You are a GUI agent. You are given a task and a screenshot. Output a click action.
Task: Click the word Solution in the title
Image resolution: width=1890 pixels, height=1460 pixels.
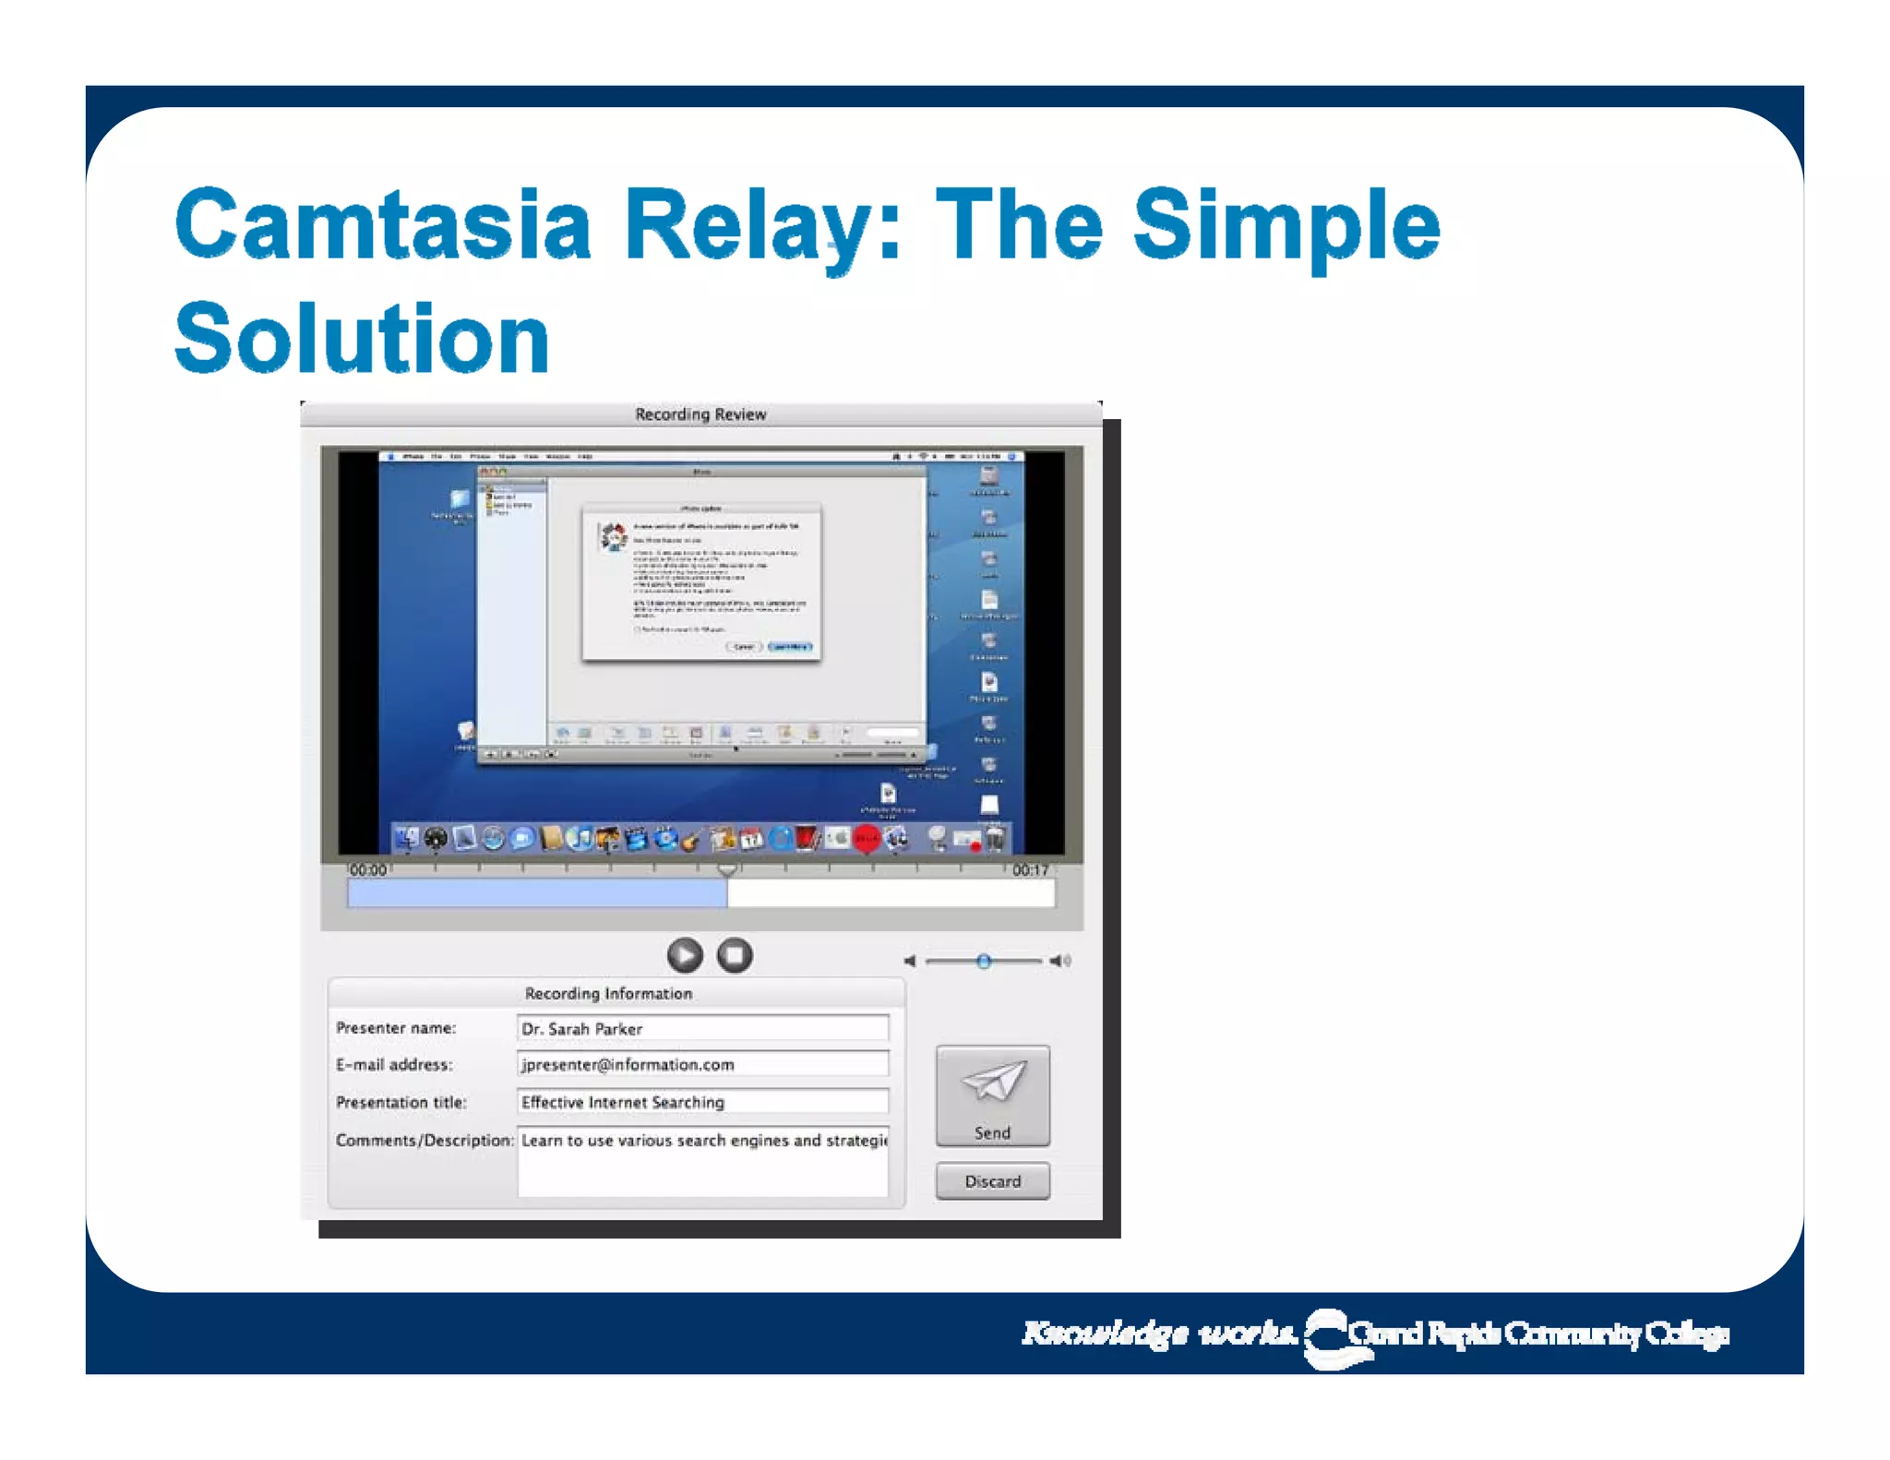(x=362, y=339)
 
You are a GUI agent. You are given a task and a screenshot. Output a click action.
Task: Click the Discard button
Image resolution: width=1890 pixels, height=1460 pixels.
(x=992, y=1181)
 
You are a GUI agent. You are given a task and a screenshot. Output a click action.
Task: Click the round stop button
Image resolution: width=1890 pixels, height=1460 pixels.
(x=735, y=955)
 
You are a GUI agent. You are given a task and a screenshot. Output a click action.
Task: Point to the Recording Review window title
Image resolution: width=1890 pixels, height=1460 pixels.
(x=700, y=414)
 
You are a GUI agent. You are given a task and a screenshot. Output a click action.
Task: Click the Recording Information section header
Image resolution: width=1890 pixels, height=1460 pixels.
(x=608, y=993)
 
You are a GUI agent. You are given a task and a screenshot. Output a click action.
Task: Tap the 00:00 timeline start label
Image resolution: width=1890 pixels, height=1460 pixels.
(x=367, y=869)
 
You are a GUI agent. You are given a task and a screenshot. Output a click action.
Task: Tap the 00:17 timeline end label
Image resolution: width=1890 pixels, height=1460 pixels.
(x=1030, y=869)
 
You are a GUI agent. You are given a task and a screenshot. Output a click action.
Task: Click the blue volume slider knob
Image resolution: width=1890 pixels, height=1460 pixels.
(x=984, y=961)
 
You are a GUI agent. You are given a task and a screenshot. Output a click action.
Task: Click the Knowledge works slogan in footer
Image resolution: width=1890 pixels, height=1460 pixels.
(x=1158, y=1334)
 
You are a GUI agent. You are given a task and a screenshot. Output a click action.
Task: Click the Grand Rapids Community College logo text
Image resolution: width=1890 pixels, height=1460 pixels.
(x=1537, y=1334)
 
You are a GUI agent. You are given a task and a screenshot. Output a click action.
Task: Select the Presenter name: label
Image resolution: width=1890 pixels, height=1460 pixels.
(x=396, y=1028)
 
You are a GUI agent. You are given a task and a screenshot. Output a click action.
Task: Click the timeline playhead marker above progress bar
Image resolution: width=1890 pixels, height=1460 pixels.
(x=727, y=869)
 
